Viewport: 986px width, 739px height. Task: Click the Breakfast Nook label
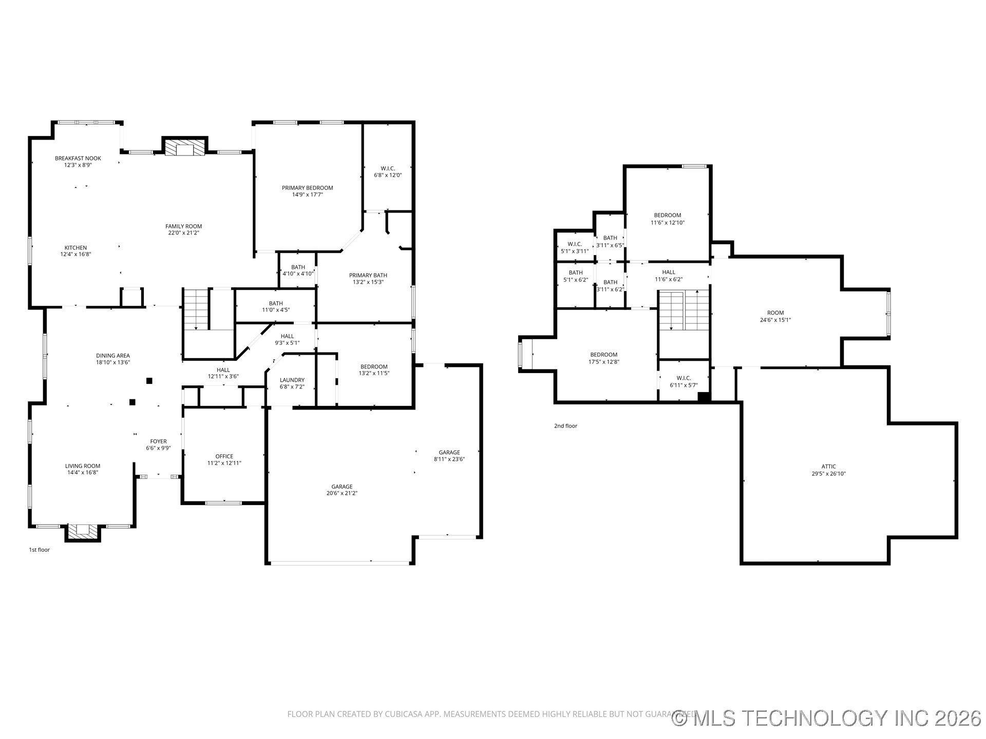point(78,159)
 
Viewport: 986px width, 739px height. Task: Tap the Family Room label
point(183,226)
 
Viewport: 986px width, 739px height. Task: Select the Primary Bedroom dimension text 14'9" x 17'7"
point(307,195)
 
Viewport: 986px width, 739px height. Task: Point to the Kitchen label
point(75,248)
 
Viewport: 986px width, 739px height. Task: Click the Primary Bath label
point(368,276)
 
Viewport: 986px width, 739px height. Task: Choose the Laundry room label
point(292,380)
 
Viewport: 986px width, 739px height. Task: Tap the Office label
point(224,456)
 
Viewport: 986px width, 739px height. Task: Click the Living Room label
point(83,466)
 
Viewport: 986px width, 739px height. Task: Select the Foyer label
point(158,441)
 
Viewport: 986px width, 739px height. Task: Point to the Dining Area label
point(113,356)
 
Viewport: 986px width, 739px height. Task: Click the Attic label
point(828,467)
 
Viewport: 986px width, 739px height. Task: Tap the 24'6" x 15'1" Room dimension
point(775,320)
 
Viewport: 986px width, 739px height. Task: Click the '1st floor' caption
point(40,550)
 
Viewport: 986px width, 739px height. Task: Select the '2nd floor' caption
point(565,426)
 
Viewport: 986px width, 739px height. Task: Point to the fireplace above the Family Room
point(184,148)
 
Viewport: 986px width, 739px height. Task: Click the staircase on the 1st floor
point(196,309)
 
